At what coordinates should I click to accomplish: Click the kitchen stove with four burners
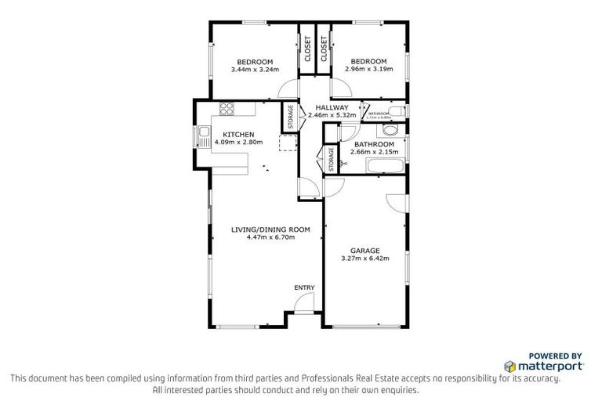coord(227,110)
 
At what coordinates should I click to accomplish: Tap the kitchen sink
coord(204,137)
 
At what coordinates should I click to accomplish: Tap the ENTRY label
coord(304,288)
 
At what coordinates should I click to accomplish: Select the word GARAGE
coord(365,251)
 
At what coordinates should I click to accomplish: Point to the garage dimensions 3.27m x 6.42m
coord(365,258)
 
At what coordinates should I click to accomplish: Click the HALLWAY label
coord(327,107)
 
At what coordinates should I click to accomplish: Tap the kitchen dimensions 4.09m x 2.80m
coord(238,142)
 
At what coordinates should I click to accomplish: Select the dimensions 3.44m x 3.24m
coord(255,70)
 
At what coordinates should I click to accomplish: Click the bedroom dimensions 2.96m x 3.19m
coord(368,70)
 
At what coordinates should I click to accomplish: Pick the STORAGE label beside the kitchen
coord(291,116)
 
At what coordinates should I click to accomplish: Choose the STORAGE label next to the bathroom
coord(331,158)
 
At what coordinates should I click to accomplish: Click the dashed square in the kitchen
coord(288,142)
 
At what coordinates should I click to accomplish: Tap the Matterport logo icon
coord(510,366)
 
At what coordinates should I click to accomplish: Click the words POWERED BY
coord(556,355)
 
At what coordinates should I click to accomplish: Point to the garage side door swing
coord(397,201)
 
